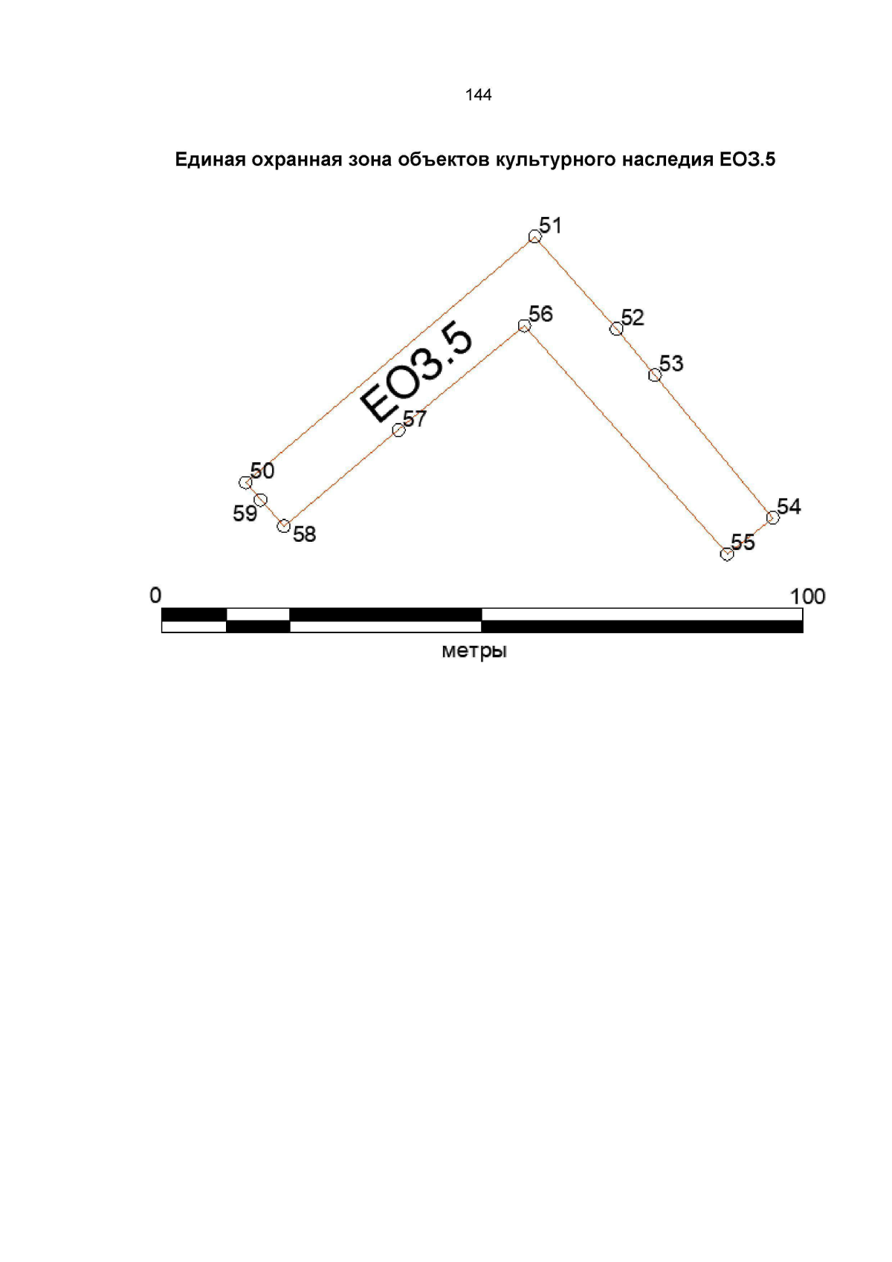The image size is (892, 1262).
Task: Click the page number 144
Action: tap(478, 94)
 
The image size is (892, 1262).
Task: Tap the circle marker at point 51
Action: tap(534, 236)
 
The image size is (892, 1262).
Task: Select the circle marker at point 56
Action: tap(524, 326)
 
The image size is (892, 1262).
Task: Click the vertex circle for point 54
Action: tap(772, 517)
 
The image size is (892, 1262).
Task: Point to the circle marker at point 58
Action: tap(283, 525)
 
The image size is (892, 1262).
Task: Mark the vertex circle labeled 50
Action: tap(245, 482)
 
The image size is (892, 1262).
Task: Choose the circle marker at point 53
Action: tap(654, 375)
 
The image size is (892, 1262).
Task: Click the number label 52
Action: tap(633, 318)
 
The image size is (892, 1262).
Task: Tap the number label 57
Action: tap(415, 418)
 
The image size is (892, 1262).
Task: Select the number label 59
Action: tap(245, 514)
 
